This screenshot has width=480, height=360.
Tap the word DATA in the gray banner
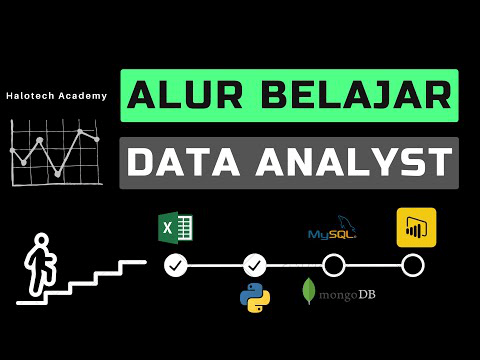point(185,163)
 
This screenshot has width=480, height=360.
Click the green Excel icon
point(176,229)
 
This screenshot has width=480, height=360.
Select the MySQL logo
point(332,231)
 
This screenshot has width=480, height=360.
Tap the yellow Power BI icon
point(415,227)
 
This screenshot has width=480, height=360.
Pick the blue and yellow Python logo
point(256,297)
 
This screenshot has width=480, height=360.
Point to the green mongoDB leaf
point(309,291)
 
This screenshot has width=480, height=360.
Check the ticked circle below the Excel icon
point(176,265)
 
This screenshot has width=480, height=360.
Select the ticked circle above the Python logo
point(255,265)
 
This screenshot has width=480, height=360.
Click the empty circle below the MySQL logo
point(333,265)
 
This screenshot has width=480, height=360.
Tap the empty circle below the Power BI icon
point(412,265)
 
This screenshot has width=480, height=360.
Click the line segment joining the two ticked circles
point(215,265)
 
